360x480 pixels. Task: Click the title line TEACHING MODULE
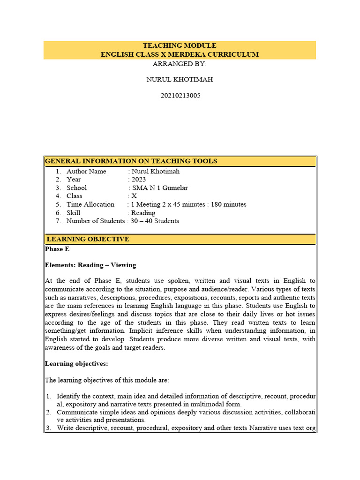pos(180,45)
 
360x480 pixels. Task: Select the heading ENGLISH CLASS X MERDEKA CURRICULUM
pos(180,54)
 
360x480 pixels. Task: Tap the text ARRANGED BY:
pos(180,64)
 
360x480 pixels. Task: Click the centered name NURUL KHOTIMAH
pos(180,79)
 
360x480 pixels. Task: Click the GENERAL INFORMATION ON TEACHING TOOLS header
pos(131,161)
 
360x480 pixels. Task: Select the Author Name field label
pos(86,172)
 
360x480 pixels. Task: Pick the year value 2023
pos(139,180)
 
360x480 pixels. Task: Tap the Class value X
pos(134,196)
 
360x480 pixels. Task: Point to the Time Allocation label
pos(90,204)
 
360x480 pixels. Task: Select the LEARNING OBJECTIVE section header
pos(88,239)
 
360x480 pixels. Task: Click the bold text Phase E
pos(57,249)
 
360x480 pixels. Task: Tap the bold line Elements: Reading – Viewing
pos(90,265)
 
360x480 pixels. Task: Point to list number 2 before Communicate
pos(48,412)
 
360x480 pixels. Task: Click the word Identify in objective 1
pos(69,397)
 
